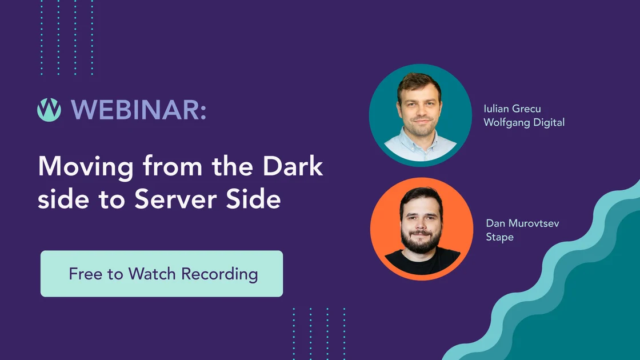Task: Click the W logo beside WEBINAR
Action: pyautogui.click(x=49, y=109)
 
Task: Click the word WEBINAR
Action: pyautogui.click(x=139, y=109)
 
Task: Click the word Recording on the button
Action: pyautogui.click(x=219, y=274)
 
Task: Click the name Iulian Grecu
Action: pyautogui.click(x=511, y=109)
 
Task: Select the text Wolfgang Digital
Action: pyautogui.click(x=523, y=122)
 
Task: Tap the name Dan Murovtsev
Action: pyautogui.click(x=522, y=223)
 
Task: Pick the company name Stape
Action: pyautogui.click(x=499, y=237)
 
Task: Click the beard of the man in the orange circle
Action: pyautogui.click(x=421, y=241)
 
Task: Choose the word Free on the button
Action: pyautogui.click(x=86, y=274)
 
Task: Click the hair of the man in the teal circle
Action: pyautogui.click(x=419, y=82)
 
